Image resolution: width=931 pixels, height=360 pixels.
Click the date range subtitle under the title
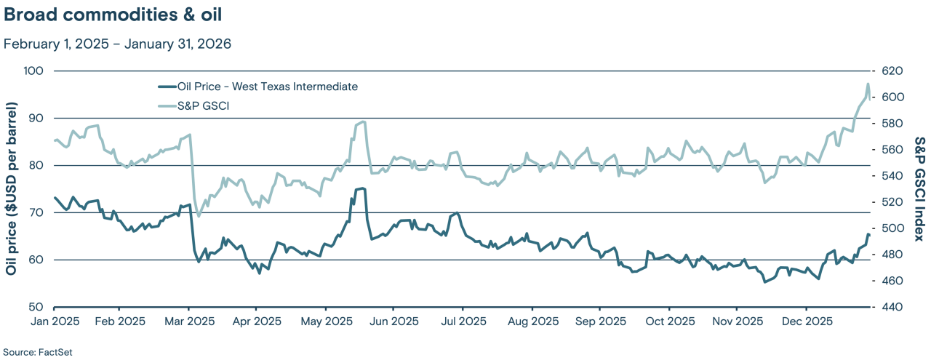(117, 44)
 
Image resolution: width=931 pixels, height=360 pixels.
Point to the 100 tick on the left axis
(34, 71)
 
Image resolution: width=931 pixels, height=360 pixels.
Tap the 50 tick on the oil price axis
(37, 307)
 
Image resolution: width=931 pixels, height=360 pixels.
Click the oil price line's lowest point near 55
(764, 281)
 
